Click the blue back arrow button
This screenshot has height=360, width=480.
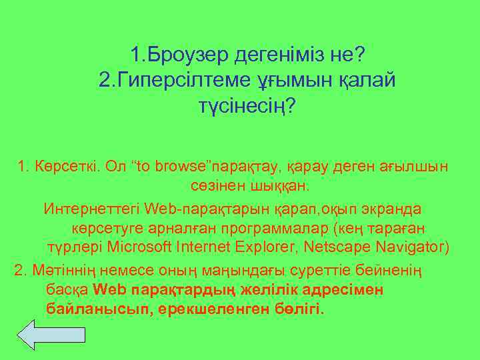coord(40,334)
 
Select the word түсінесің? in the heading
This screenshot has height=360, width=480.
coord(247,107)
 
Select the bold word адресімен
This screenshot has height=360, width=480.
coord(343,291)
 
